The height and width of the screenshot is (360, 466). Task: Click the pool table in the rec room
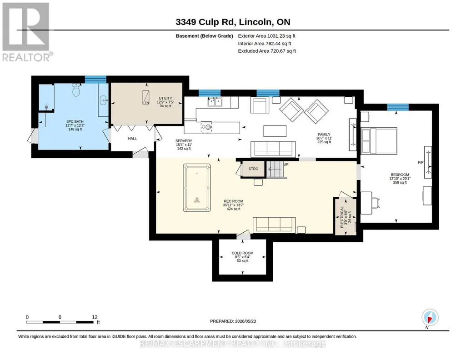point(197,187)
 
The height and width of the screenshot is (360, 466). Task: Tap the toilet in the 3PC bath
point(76,90)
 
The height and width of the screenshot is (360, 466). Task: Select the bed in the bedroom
point(379,141)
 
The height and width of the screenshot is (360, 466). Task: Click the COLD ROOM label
point(242,253)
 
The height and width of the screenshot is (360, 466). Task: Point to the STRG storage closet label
point(253,169)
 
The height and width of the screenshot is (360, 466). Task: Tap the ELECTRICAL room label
point(342,217)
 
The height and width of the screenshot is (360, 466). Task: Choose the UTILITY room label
point(165,98)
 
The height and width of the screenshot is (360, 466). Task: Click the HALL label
point(132,139)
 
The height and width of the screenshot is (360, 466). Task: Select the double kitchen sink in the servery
point(215,102)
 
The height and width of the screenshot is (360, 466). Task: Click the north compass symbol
point(430,317)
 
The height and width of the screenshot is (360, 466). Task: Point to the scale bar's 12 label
point(95,317)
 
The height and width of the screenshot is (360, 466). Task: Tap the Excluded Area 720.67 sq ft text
point(267,51)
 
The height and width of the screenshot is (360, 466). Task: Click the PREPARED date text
point(233,321)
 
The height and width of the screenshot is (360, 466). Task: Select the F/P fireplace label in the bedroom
point(421,162)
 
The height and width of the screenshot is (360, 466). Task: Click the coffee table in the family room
point(275,131)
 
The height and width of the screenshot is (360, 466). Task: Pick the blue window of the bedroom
point(398,107)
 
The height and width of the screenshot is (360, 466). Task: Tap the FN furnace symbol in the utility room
point(145,97)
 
